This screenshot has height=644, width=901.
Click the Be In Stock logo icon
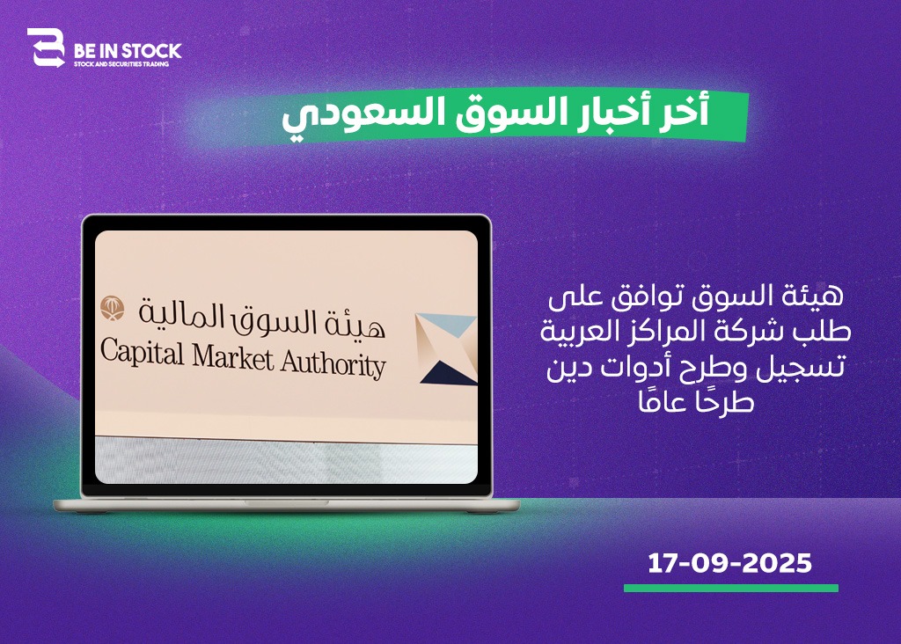[46, 48]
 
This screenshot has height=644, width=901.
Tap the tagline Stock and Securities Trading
[121, 63]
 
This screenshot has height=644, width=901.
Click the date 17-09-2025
[729, 563]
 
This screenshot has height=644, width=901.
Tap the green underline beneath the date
[731, 588]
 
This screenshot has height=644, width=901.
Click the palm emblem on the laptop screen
[113, 309]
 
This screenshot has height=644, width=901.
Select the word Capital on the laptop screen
[142, 352]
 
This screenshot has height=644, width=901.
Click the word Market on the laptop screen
[233, 357]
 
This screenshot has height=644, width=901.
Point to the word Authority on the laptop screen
[333, 363]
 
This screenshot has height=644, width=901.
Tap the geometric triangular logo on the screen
[446, 348]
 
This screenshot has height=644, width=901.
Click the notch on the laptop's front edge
[286, 502]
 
